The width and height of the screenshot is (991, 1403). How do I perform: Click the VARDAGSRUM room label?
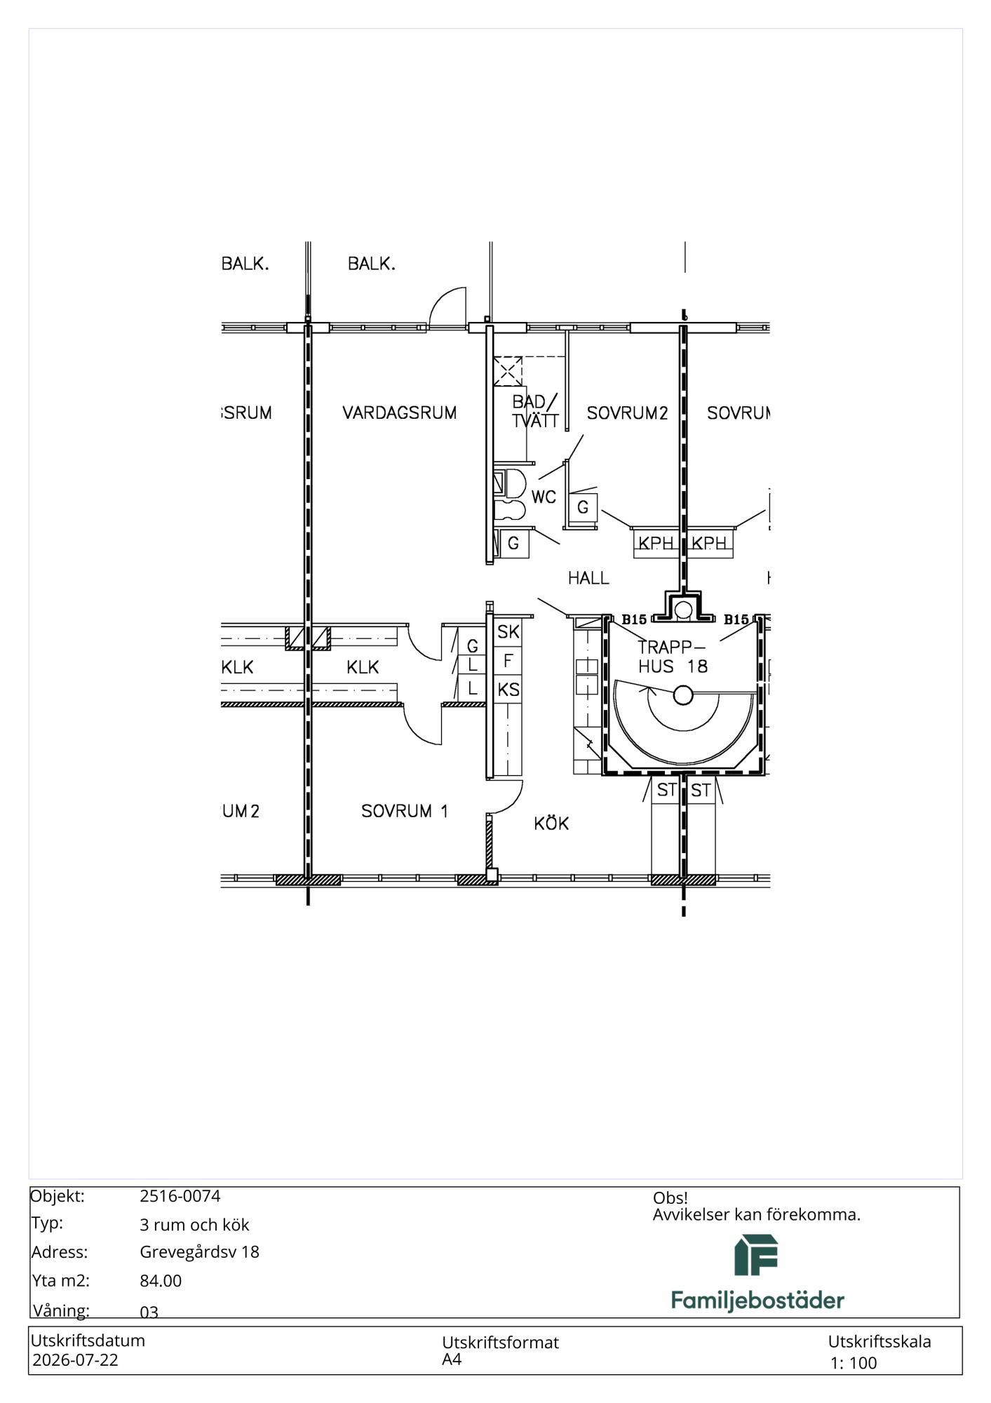pyautogui.click(x=399, y=413)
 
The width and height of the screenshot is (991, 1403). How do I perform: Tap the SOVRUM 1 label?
pyautogui.click(x=404, y=811)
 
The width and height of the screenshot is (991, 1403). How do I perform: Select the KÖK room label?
pyautogui.click(x=551, y=823)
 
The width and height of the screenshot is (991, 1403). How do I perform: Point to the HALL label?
pyautogui.click(x=588, y=578)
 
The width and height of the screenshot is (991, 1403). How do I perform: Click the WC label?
pyautogui.click(x=544, y=497)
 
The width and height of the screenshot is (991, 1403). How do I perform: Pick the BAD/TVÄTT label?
pyautogui.click(x=535, y=411)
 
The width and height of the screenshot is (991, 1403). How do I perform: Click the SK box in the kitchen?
pyautogui.click(x=508, y=632)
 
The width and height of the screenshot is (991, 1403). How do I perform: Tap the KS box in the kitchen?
pyautogui.click(x=508, y=690)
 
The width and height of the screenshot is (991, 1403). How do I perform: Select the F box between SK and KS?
pyautogui.click(x=508, y=661)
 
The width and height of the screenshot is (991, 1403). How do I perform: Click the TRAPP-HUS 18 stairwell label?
pyautogui.click(x=673, y=657)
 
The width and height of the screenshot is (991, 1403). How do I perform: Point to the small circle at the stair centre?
pyautogui.click(x=683, y=696)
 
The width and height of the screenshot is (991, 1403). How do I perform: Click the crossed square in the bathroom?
pyautogui.click(x=508, y=371)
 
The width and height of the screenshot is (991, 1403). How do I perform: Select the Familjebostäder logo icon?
pyautogui.click(x=756, y=1255)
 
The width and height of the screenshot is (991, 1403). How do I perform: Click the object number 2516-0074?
pyautogui.click(x=180, y=1196)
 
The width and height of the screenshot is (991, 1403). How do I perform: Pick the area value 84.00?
pyautogui.click(x=161, y=1281)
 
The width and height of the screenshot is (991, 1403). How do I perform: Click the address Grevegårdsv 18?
pyautogui.click(x=199, y=1252)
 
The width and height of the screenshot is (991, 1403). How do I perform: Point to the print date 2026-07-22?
pyautogui.click(x=75, y=1360)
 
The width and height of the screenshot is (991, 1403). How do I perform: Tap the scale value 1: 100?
pyautogui.click(x=854, y=1363)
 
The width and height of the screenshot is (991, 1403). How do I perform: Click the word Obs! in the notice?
pyautogui.click(x=670, y=1198)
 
